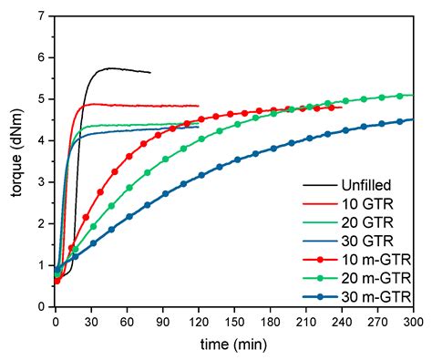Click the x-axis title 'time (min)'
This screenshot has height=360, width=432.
pos(234,347)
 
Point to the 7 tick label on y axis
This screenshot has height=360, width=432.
pos(41,16)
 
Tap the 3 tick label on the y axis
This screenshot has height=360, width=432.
pos(41,182)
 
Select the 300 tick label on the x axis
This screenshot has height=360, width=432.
pos(413,322)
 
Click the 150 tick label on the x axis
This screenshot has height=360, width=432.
pos(234,322)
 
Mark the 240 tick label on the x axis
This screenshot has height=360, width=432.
pos(342,322)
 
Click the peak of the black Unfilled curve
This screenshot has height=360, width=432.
pos(109,67)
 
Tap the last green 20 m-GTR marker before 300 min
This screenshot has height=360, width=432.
pos(401,95)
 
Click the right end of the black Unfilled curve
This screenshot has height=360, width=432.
pos(150,72)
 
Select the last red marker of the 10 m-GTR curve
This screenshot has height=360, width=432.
pos(339,107)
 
